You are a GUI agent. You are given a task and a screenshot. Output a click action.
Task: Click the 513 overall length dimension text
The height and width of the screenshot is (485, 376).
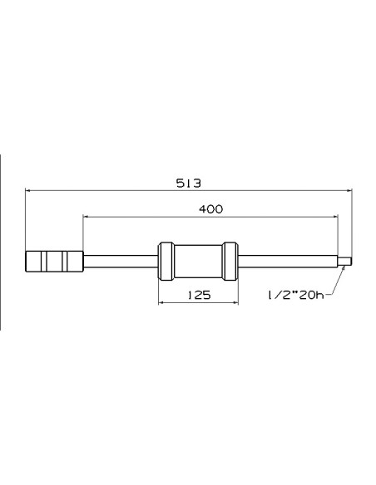188,184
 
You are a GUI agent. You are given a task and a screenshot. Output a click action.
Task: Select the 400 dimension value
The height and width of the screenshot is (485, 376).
210,209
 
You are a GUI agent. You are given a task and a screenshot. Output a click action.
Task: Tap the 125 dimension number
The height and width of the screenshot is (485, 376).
199,295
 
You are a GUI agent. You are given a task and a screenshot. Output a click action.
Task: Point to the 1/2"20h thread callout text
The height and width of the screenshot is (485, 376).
295,295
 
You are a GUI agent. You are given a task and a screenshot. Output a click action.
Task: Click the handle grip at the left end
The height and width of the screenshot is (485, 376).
55,262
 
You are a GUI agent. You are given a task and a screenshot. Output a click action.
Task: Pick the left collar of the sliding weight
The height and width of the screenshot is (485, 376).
166,262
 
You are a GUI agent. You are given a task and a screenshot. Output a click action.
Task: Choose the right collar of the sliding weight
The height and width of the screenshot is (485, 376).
230,262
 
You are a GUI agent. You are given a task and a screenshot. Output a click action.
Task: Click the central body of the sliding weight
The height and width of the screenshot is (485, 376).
199,262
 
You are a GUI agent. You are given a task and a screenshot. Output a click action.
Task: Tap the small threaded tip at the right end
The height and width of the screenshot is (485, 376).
345,262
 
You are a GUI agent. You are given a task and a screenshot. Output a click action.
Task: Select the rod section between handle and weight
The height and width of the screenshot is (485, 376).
121,262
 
